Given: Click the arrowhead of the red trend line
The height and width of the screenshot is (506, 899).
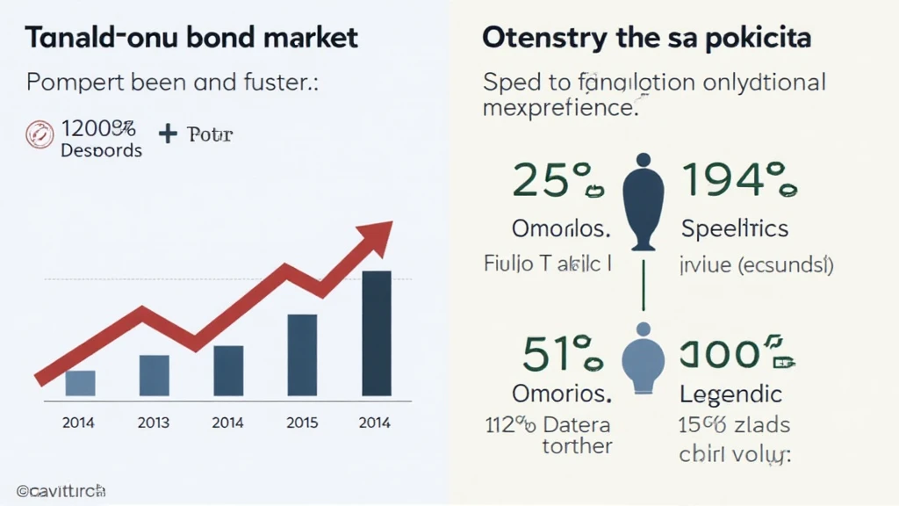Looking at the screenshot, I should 379,234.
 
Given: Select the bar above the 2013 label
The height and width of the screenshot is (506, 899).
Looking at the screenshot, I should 154,375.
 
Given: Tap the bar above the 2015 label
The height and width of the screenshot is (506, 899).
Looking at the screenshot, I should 302,355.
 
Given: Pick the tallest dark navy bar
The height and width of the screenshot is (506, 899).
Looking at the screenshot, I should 377,333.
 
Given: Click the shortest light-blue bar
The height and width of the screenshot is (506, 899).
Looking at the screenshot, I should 80,383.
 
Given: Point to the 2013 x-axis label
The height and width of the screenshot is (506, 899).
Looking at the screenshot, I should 154,423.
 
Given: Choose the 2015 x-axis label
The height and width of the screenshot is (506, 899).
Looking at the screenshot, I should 302,423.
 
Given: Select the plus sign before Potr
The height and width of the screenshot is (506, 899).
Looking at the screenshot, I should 168,134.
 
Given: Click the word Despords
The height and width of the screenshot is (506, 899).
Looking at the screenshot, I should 101,150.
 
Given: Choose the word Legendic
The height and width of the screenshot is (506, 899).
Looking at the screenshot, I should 730,394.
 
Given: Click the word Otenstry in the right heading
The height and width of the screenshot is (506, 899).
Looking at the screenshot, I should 541,38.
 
